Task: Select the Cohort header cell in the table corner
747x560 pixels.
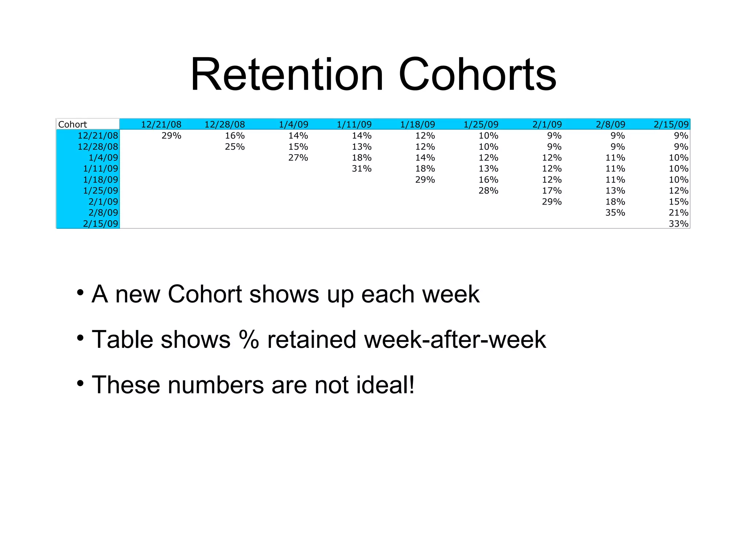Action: click(x=73, y=124)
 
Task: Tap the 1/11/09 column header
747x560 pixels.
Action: click(x=354, y=124)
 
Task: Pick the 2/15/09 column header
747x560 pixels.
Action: click(x=671, y=124)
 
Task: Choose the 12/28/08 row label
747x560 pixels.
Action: click(x=98, y=147)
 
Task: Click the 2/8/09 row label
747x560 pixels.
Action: click(x=103, y=213)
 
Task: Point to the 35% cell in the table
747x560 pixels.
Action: click(x=615, y=213)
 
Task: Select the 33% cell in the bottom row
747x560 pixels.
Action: click(x=678, y=223)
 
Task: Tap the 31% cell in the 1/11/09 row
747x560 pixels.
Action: click(x=361, y=168)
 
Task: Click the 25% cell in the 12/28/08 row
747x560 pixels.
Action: click(x=235, y=147)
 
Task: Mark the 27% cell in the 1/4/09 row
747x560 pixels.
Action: click(x=298, y=157)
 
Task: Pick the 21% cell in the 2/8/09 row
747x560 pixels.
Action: click(x=678, y=213)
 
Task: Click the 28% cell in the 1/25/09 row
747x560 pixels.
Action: click(x=488, y=191)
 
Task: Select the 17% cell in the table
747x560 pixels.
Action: click(x=551, y=191)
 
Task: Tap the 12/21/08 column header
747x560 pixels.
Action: click(x=161, y=124)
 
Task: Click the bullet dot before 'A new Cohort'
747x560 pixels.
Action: click(x=80, y=292)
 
